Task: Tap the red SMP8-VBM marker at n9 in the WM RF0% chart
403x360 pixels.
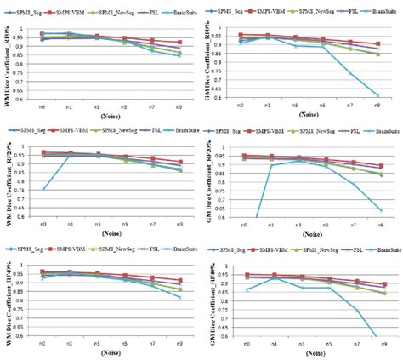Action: (x=178, y=43)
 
